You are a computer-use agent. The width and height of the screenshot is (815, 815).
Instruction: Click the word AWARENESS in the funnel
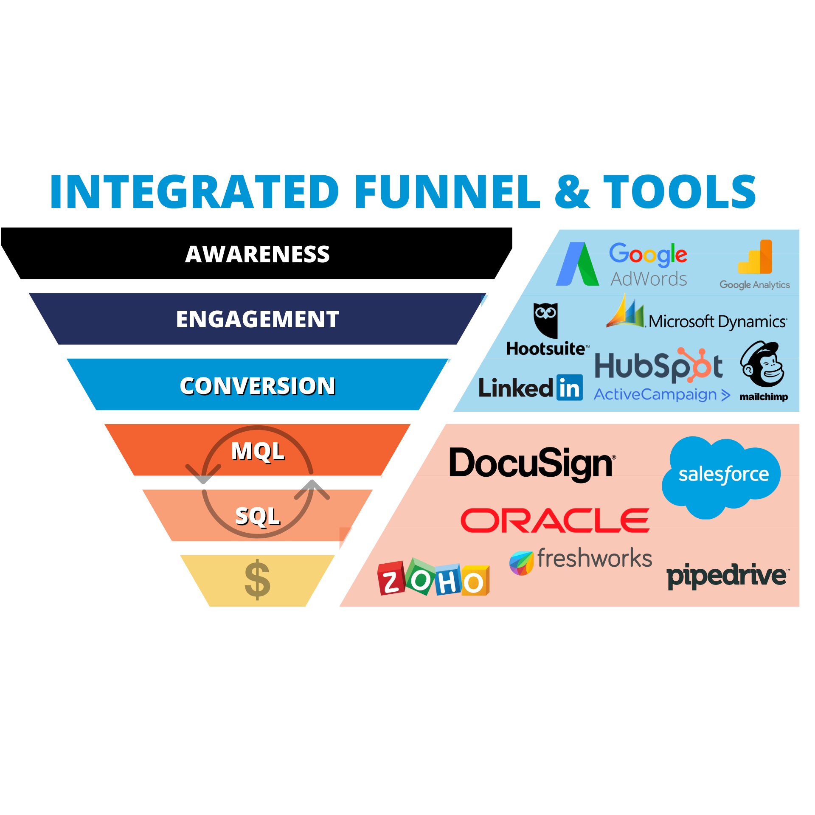(x=257, y=254)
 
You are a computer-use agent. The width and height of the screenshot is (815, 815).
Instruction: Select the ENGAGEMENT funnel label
(x=257, y=319)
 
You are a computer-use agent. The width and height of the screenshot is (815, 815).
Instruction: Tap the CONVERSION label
(x=257, y=386)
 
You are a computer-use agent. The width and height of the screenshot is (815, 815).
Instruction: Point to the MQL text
(x=257, y=451)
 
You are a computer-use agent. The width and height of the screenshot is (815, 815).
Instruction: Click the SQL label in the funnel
(x=257, y=516)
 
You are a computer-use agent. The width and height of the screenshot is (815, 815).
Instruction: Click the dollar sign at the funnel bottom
(x=257, y=580)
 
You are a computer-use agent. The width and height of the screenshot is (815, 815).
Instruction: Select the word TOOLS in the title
(x=679, y=192)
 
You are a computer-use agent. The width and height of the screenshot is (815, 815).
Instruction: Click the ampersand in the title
(x=572, y=192)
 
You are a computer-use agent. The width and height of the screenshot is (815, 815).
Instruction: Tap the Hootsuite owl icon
(x=545, y=320)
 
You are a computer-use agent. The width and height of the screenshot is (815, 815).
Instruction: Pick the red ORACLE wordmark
(x=555, y=520)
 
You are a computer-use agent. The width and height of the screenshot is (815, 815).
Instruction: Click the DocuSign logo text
(x=531, y=464)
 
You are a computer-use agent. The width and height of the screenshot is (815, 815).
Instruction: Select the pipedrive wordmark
(x=727, y=576)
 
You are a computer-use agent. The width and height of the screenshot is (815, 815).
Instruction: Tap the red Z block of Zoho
(x=391, y=578)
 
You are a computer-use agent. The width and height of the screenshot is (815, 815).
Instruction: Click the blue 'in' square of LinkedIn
(x=569, y=388)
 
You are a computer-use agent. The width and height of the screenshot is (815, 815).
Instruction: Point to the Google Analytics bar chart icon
(x=755, y=257)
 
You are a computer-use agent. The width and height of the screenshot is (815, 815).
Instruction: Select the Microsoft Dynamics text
(x=717, y=322)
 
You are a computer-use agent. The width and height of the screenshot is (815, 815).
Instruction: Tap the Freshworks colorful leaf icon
(x=521, y=563)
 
